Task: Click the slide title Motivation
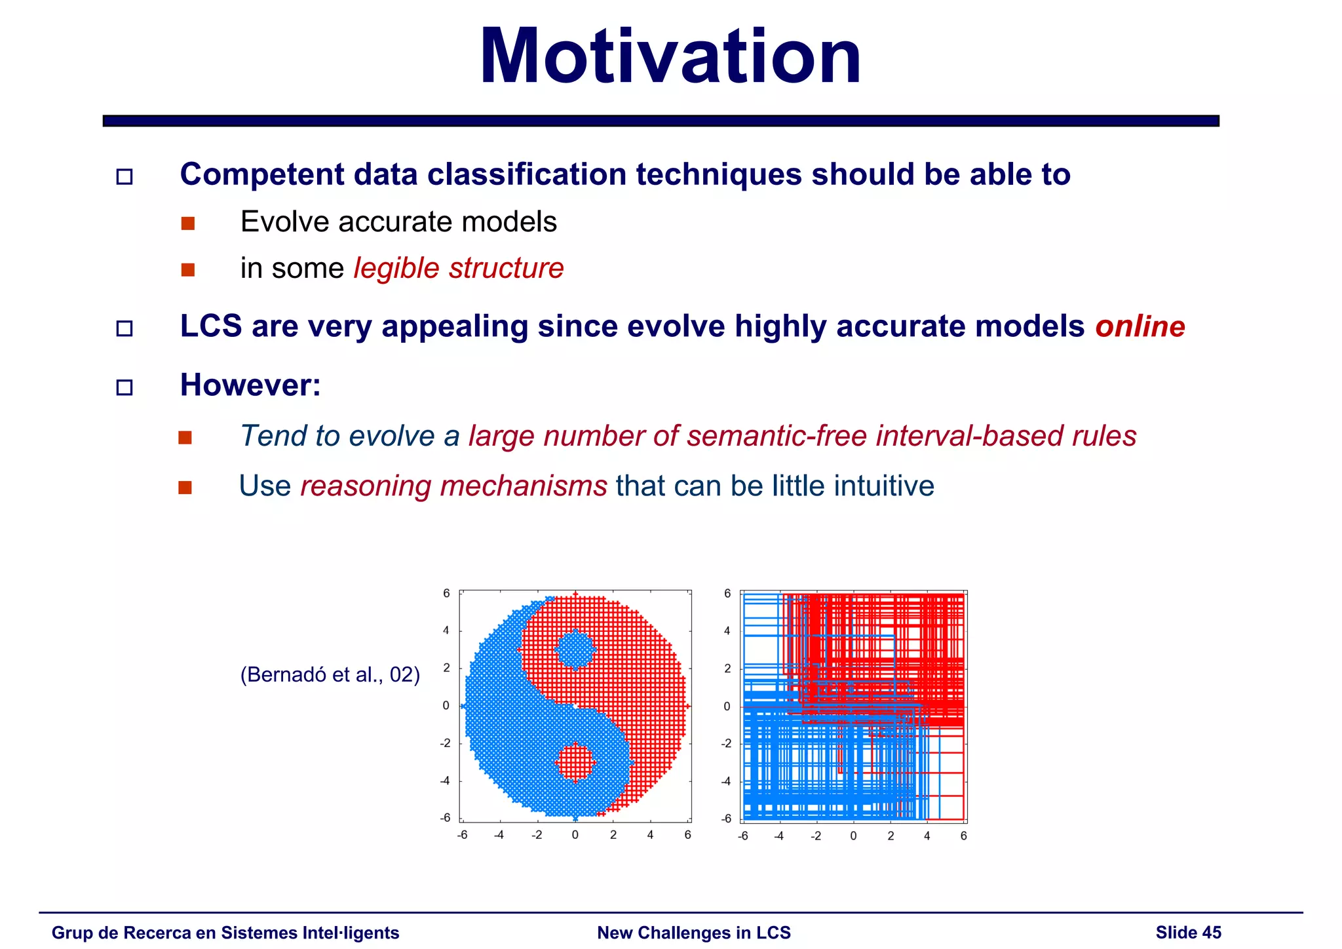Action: click(x=670, y=58)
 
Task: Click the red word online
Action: click(x=1140, y=326)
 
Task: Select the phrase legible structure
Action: click(x=458, y=268)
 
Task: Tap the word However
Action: click(x=250, y=385)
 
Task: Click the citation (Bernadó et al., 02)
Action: click(x=330, y=674)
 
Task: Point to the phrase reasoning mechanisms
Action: click(x=453, y=486)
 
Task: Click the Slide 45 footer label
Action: click(x=1188, y=933)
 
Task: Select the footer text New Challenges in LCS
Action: click(x=693, y=933)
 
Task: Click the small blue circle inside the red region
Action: click(x=575, y=649)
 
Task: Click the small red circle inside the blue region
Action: click(x=575, y=762)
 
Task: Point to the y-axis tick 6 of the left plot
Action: click(x=446, y=593)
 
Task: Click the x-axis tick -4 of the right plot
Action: click(x=778, y=836)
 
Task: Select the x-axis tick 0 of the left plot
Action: click(x=575, y=835)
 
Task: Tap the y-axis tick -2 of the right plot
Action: click(x=726, y=744)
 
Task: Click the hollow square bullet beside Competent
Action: click(x=125, y=176)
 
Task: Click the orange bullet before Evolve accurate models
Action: click(x=188, y=223)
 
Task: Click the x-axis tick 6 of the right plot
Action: click(x=963, y=836)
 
